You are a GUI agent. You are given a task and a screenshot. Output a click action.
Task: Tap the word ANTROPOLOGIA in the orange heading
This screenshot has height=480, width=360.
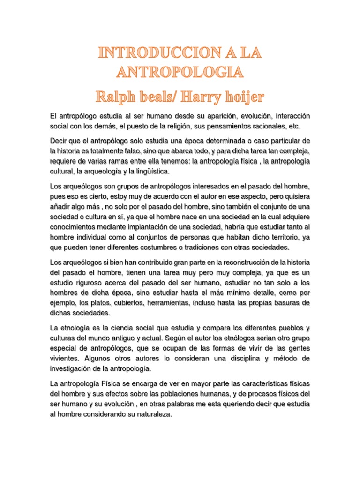(x=180, y=73)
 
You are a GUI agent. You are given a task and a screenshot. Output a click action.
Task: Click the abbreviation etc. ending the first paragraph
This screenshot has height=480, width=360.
(x=290, y=127)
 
